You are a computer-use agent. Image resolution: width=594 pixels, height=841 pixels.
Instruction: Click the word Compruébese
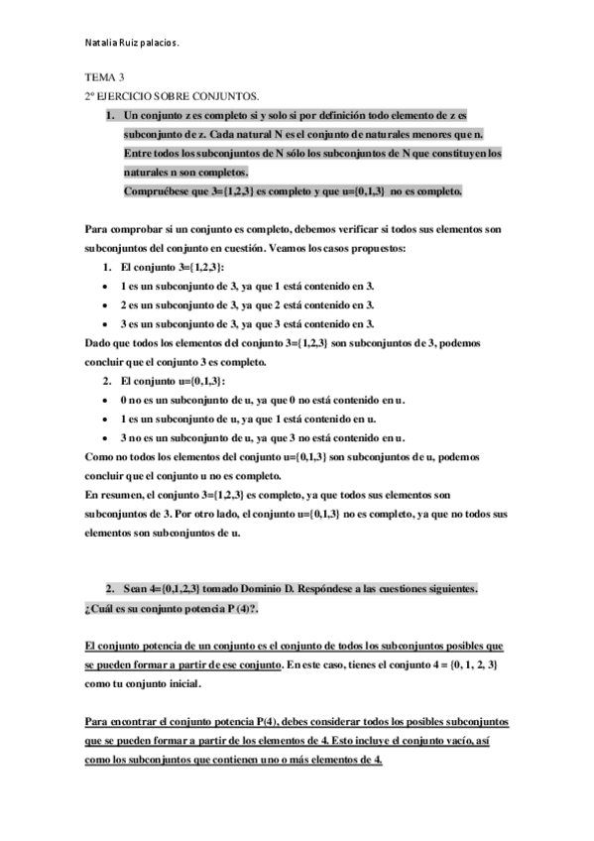pyautogui.click(x=158, y=190)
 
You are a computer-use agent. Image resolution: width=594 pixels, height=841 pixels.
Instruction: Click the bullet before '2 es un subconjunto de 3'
pyautogui.click(x=107, y=304)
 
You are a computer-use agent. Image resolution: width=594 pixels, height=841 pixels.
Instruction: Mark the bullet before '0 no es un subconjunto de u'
pyautogui.click(x=107, y=400)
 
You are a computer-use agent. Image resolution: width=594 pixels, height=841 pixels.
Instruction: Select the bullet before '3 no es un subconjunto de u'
pyautogui.click(x=107, y=437)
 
